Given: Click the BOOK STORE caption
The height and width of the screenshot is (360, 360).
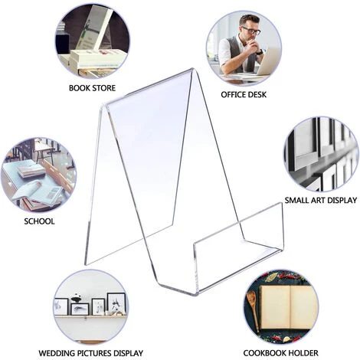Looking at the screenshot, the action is click(x=92, y=88).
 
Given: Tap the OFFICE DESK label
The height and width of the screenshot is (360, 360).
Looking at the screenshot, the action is click(x=244, y=95).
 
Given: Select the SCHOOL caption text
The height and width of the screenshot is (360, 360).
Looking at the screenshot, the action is click(x=39, y=221).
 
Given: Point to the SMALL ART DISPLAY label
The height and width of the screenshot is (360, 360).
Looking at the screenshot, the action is click(x=321, y=200).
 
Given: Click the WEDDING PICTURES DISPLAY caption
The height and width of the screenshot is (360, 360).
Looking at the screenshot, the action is click(x=90, y=353).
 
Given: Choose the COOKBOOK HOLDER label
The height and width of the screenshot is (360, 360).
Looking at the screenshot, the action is click(x=280, y=353).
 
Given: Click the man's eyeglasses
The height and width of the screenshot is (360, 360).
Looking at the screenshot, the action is click(x=251, y=31).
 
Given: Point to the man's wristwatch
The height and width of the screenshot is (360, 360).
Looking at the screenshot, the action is click(x=259, y=52).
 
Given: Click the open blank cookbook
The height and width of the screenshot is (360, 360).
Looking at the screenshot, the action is click(x=288, y=307).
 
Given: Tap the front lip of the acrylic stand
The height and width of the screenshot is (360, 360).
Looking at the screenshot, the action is click(x=238, y=243).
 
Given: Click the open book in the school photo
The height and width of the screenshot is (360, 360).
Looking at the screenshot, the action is click(x=38, y=193).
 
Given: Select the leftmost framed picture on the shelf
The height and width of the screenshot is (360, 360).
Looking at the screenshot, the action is click(x=61, y=306).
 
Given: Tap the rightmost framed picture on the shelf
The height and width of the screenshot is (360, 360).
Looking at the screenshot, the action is click(x=116, y=303).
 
